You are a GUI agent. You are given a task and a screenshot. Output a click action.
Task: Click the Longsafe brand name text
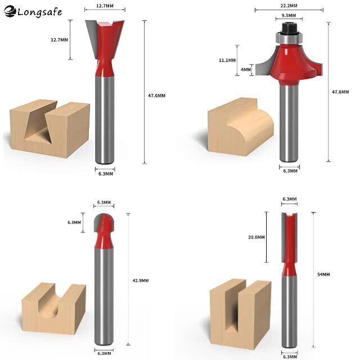[39, 12]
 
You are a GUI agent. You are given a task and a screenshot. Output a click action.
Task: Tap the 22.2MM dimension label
[289, 6]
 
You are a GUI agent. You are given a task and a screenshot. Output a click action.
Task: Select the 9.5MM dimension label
[289, 15]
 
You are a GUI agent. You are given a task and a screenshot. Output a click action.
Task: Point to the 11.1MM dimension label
[227, 60]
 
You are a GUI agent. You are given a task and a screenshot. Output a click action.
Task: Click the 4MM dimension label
[246, 69]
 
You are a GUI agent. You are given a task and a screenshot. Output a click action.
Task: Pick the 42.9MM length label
[141, 280]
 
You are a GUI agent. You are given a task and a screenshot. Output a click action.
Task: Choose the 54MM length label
[323, 274]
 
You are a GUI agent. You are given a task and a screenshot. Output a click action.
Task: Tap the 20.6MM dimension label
[256, 237]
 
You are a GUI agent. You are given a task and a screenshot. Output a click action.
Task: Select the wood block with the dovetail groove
[50, 129]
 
